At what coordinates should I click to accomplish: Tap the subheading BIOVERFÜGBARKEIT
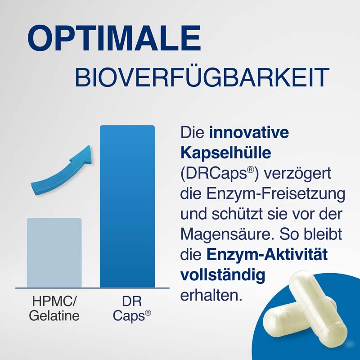click(x=201, y=77)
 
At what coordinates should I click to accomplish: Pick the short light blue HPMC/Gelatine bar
click(x=54, y=252)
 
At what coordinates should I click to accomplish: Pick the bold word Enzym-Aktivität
click(x=267, y=255)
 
